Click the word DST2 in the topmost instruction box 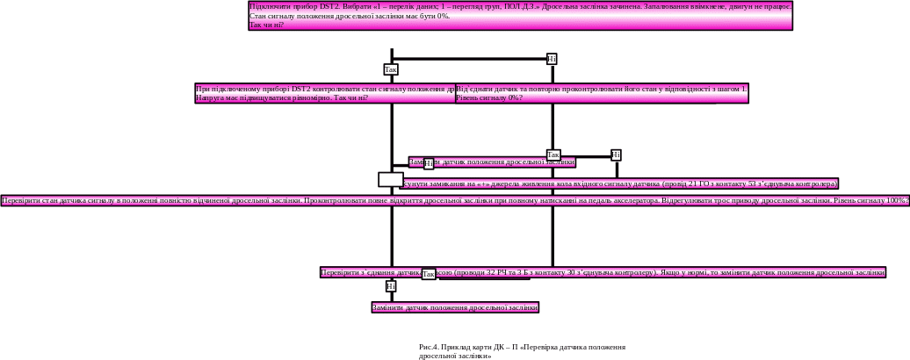[329, 6]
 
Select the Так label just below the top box [391, 69]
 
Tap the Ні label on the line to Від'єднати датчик [552, 59]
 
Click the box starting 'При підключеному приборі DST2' [325, 93]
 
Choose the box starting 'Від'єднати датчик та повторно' [602, 93]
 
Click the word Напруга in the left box [209, 97]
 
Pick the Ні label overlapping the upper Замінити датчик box [429, 162]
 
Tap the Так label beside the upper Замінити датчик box [553, 155]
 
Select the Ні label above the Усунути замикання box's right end [616, 155]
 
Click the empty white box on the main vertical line [391, 179]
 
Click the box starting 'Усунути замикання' [619, 184]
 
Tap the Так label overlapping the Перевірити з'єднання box [429, 275]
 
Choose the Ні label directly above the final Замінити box [391, 286]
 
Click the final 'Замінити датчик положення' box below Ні [455, 307]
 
